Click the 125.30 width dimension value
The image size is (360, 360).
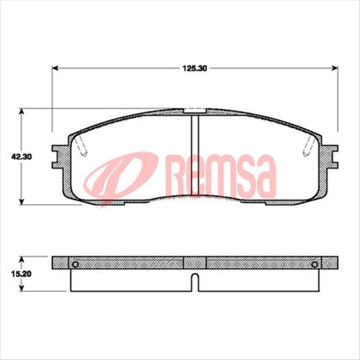tap(195, 69)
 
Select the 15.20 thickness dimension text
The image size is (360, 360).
tap(11, 274)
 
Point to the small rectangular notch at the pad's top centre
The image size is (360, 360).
tap(194, 111)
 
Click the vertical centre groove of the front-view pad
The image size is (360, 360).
tap(194, 154)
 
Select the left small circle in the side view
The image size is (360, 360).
tap(75, 265)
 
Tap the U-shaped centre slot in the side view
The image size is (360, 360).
tap(194, 281)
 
